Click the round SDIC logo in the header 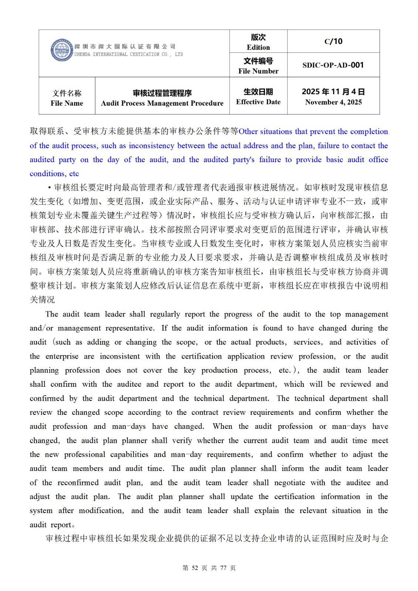61,50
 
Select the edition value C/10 333,41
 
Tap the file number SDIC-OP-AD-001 333,65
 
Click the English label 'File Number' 258,71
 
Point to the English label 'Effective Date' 258,102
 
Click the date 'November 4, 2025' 333,102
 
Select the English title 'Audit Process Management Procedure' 162,103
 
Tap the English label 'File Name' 67,103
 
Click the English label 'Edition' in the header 258,47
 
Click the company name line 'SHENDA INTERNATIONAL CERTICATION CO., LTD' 129,54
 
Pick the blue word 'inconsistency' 152,146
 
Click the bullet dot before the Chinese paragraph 50,188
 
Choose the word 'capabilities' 129,454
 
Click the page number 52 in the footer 195,568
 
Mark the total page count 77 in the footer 223,568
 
